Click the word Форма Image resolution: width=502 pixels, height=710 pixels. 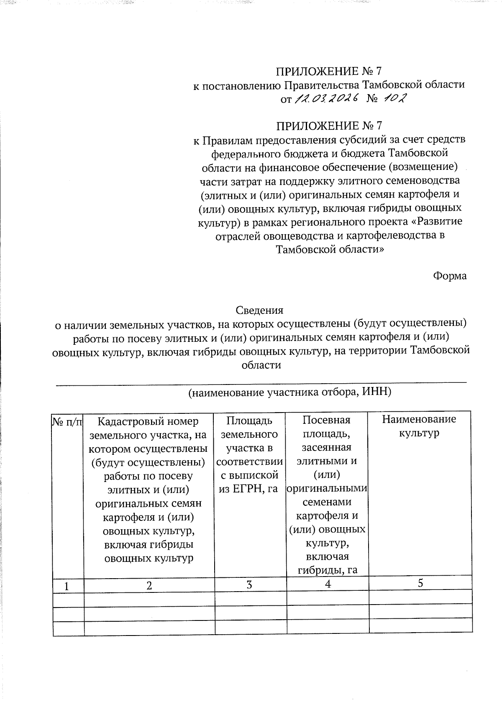pos(449,276)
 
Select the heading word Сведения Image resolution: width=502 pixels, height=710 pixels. pos(259,310)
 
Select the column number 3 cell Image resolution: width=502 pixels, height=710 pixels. pos(249,584)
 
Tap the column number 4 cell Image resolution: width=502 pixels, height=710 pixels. pos(328,584)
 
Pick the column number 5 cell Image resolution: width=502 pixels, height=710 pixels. pos(420,583)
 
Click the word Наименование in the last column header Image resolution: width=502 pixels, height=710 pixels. pos(419,419)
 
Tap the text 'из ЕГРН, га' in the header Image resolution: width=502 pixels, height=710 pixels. pos(248,489)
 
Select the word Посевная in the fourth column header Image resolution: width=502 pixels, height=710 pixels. pos(326,420)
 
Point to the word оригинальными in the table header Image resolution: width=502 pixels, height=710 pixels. pos(327,488)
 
